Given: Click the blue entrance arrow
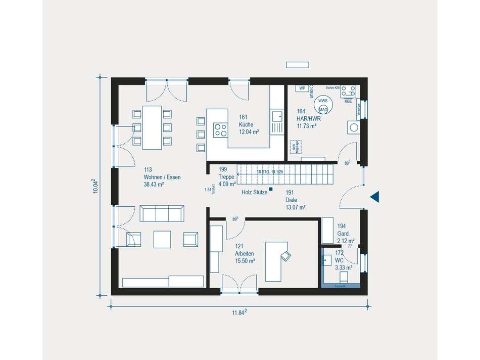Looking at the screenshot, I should tap(375, 197).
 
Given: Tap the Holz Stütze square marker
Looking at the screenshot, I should tap(271, 190).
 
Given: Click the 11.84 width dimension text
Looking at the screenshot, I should tap(239, 313).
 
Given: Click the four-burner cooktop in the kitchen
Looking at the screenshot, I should tap(220, 129).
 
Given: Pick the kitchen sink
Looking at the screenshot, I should tap(277, 117).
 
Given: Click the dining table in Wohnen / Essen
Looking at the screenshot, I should tap(152, 127).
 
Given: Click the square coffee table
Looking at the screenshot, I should tap(162, 239).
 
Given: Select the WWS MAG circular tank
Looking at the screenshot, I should tap(323, 105).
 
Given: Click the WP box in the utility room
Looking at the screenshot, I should tap(302, 88).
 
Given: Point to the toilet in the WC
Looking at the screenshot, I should tap(344, 277).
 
